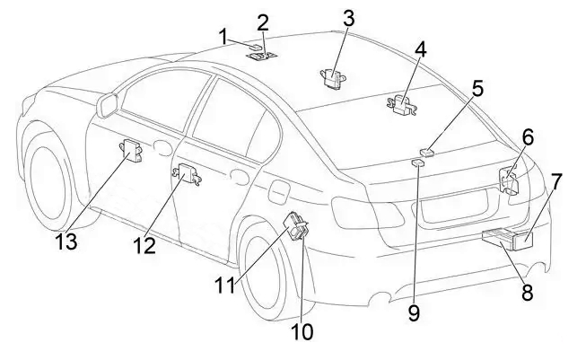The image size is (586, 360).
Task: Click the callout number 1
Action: (x=223, y=36)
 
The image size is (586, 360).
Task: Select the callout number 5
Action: (x=478, y=88)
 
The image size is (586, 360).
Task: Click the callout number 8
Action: (x=527, y=292)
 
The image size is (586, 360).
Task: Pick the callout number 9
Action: (x=414, y=312)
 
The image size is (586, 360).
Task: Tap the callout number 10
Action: (x=302, y=332)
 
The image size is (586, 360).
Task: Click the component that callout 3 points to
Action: (x=333, y=77)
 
